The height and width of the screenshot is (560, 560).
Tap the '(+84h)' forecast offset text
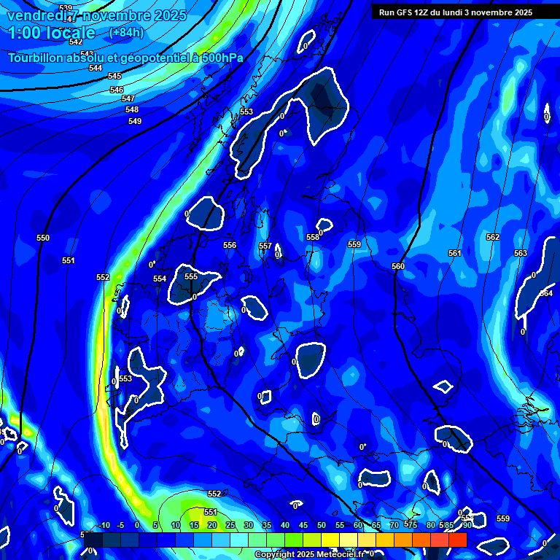(126, 32)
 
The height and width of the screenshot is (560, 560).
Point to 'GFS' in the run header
(405, 12)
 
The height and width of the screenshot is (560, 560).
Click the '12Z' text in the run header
(424, 12)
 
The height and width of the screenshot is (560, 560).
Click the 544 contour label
(96, 68)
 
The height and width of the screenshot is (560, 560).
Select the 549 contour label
(135, 121)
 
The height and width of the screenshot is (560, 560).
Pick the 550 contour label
(43, 238)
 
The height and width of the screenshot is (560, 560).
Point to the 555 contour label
(191, 276)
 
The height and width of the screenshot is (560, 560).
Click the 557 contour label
(265, 246)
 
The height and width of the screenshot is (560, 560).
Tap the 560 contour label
(398, 266)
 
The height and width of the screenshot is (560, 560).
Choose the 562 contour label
(493, 237)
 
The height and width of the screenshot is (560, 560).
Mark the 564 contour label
(546, 293)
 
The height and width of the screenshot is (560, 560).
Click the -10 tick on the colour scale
(104, 525)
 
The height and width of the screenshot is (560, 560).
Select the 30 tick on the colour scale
(249, 525)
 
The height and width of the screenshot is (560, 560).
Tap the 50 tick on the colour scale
(322, 525)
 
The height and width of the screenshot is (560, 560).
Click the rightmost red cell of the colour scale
(457, 540)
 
